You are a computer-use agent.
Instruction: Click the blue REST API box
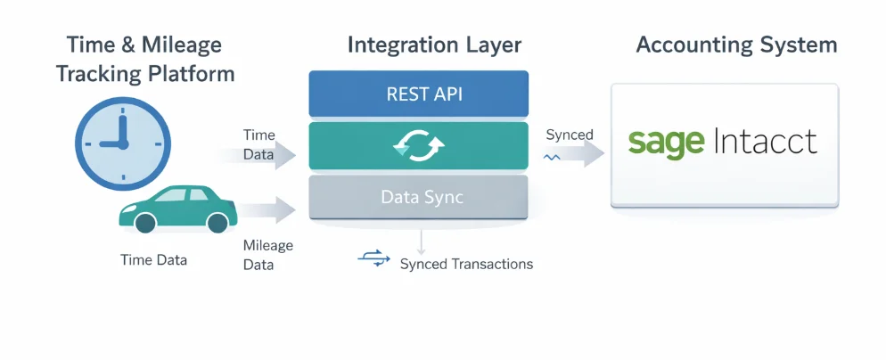(418, 94)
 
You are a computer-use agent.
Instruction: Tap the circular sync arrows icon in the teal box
(418, 146)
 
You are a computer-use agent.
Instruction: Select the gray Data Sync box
(418, 197)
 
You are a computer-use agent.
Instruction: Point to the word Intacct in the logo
(766, 142)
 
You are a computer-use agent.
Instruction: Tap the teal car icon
(176, 209)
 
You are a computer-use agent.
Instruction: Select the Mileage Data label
(267, 255)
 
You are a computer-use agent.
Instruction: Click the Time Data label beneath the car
(154, 260)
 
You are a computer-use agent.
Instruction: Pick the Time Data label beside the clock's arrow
(259, 144)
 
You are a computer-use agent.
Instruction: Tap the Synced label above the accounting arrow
(569, 135)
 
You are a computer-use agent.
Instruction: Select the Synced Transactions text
(466, 264)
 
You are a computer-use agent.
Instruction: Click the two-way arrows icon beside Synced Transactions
(373, 258)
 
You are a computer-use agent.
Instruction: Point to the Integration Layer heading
(434, 45)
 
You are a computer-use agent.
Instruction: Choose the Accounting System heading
(736, 45)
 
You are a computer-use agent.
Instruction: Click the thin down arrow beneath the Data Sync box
(421, 241)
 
